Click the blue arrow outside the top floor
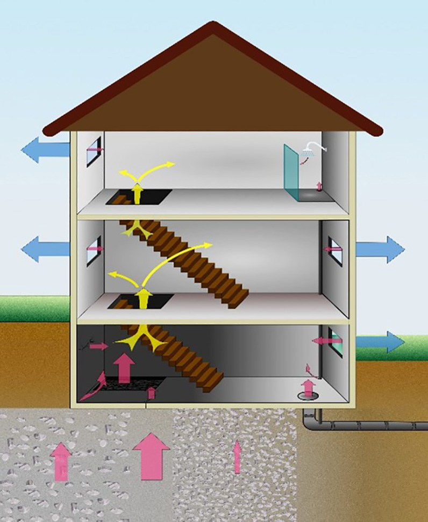pyautogui.click(x=45, y=150)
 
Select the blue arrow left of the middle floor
pyautogui.click(x=45, y=249)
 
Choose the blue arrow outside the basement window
pyautogui.click(x=380, y=342)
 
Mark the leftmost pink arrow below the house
pyautogui.click(x=61, y=461)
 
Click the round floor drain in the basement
pyautogui.click(x=307, y=396)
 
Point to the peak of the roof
pyautogui.click(x=213, y=25)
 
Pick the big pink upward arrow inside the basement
pyautogui.click(x=124, y=366)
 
